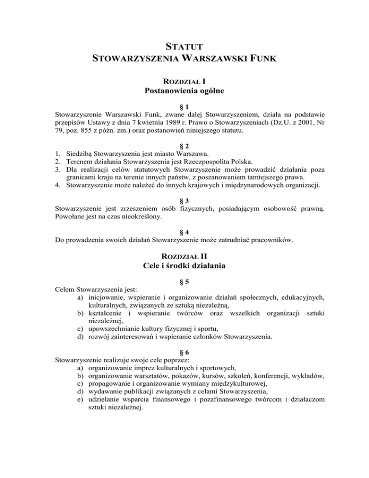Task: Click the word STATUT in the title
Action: click(184, 47)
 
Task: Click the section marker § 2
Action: click(184, 147)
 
